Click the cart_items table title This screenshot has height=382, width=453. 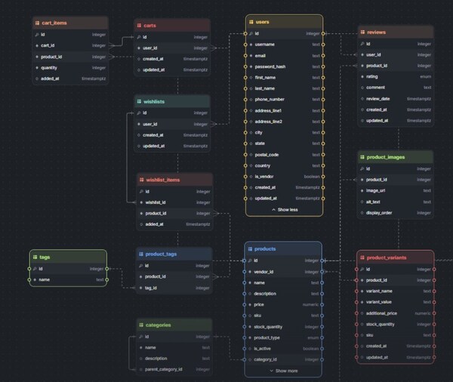[x=55, y=23]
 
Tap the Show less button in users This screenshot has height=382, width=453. [x=284, y=209]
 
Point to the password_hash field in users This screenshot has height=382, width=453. [x=275, y=66]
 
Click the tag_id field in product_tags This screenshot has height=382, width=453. [x=152, y=287]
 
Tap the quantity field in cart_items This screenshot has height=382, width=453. [x=51, y=67]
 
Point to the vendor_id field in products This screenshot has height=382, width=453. [x=269, y=271]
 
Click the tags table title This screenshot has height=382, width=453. [x=45, y=257]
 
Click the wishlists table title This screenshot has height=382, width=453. [x=154, y=101]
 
